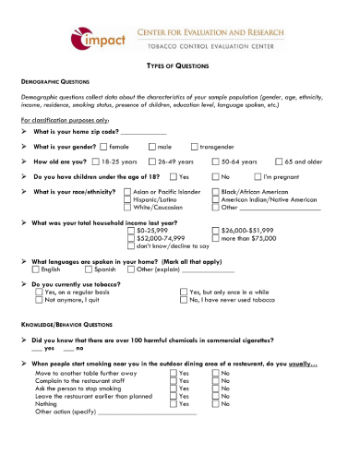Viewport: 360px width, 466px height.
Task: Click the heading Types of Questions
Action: pos(179,66)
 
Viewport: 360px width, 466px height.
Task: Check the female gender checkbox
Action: pos(103,147)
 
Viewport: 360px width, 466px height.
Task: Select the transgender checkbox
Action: pos(195,147)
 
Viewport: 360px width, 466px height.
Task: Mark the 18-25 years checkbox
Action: pos(96,161)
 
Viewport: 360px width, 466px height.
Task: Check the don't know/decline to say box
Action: pos(131,245)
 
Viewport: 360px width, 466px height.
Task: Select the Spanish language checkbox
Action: pos(89,269)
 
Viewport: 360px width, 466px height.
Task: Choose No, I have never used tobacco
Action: pos(183,300)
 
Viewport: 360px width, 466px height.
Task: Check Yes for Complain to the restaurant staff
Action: pos(173,380)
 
